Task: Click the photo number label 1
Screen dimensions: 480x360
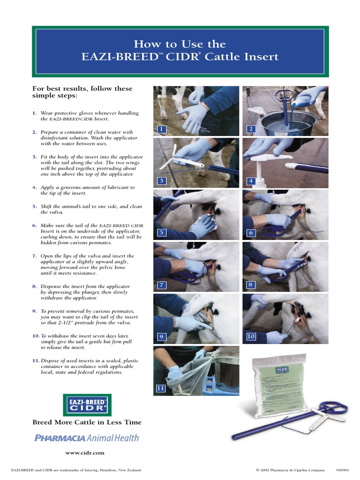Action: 161,129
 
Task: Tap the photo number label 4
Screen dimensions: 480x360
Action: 251,181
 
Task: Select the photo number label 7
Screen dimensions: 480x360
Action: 161,285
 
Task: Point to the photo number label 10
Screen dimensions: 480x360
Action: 251,337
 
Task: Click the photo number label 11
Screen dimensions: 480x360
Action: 161,388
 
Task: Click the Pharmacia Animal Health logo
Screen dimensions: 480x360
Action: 87,438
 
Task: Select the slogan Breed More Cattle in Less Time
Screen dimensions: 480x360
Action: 87,422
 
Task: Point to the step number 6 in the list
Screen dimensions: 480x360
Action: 34,225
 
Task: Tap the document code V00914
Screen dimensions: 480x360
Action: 342,469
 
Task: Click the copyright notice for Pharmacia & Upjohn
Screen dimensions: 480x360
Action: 290,469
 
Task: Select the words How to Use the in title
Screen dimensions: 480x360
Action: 180,44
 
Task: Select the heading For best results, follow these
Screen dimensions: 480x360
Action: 82,89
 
